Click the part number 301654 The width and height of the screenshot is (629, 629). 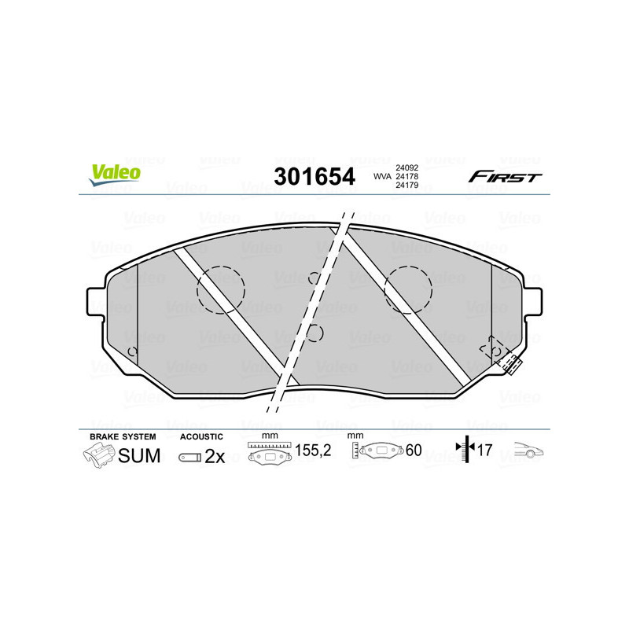coord(314,176)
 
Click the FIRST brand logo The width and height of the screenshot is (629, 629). coord(505,177)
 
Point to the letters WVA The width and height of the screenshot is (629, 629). coord(381,177)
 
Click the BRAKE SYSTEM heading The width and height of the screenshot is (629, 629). coord(123,436)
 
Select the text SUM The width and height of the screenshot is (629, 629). coord(139,455)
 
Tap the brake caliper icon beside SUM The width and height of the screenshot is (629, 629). coord(97,455)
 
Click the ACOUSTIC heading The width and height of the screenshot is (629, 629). coord(201,436)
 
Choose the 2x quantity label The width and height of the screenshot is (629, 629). coord(215,456)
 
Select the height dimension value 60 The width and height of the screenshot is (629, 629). coord(414,451)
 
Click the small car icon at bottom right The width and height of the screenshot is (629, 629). coord(529,451)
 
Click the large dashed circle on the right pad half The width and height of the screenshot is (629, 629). coord(407,289)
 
